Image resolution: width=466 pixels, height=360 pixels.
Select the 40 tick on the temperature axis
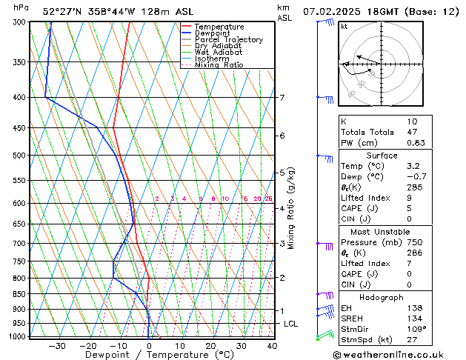(272, 345)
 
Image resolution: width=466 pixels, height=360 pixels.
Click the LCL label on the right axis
(291, 324)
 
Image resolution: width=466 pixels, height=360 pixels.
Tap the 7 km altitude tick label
(282, 98)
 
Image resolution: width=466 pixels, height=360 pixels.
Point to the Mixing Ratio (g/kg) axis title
(292, 208)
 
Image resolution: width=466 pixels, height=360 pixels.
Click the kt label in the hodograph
(344, 26)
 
